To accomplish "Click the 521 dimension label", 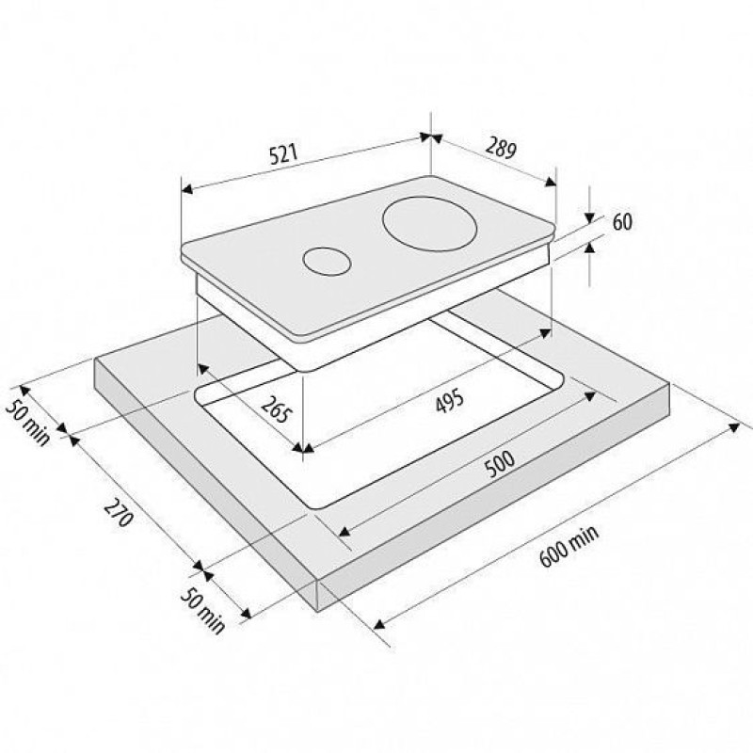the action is tap(284, 154).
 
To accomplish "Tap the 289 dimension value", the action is tap(501, 148).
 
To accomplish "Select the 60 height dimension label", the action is tap(622, 222).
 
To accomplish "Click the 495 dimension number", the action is tap(450, 402).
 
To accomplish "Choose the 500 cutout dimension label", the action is tap(500, 464).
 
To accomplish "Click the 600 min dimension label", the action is tap(570, 546).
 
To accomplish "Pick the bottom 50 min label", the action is tap(202, 610).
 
